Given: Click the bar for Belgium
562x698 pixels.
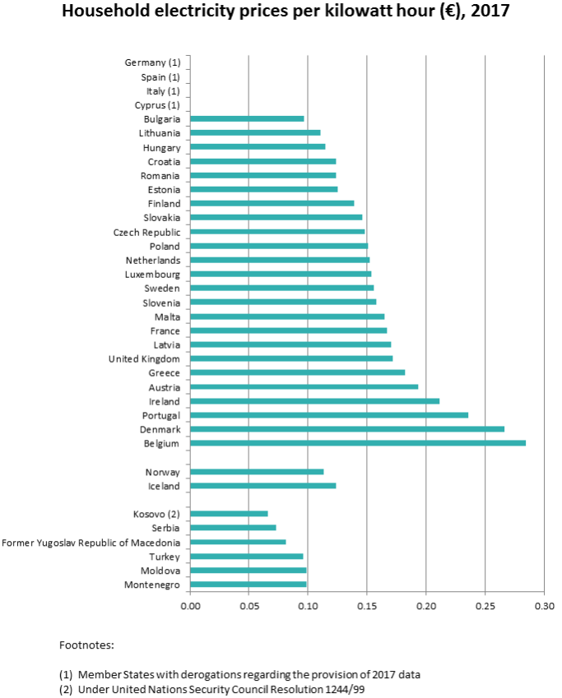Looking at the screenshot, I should point(357,443).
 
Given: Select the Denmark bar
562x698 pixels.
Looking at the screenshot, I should point(346,429).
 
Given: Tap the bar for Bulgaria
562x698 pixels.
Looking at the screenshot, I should point(247,118).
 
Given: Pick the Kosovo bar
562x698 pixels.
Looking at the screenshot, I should point(229,514).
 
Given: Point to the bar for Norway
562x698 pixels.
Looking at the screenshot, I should point(257,472).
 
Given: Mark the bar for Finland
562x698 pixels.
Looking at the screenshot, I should point(272,203).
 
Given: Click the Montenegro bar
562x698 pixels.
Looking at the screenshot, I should point(248,585).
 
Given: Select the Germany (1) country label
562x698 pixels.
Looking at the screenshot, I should point(152,62).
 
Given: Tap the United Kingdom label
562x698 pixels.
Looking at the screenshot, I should point(144,358).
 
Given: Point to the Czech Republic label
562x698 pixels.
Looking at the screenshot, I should point(147,232).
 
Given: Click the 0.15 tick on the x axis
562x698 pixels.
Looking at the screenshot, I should point(367,606).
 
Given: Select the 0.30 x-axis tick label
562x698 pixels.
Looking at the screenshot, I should point(544,606).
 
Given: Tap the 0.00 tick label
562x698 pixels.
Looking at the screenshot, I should point(190,606).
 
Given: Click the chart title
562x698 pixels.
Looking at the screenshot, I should point(281,12).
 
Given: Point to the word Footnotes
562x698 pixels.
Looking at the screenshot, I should point(87,645).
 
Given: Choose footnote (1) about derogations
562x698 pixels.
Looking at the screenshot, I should point(239,674).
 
